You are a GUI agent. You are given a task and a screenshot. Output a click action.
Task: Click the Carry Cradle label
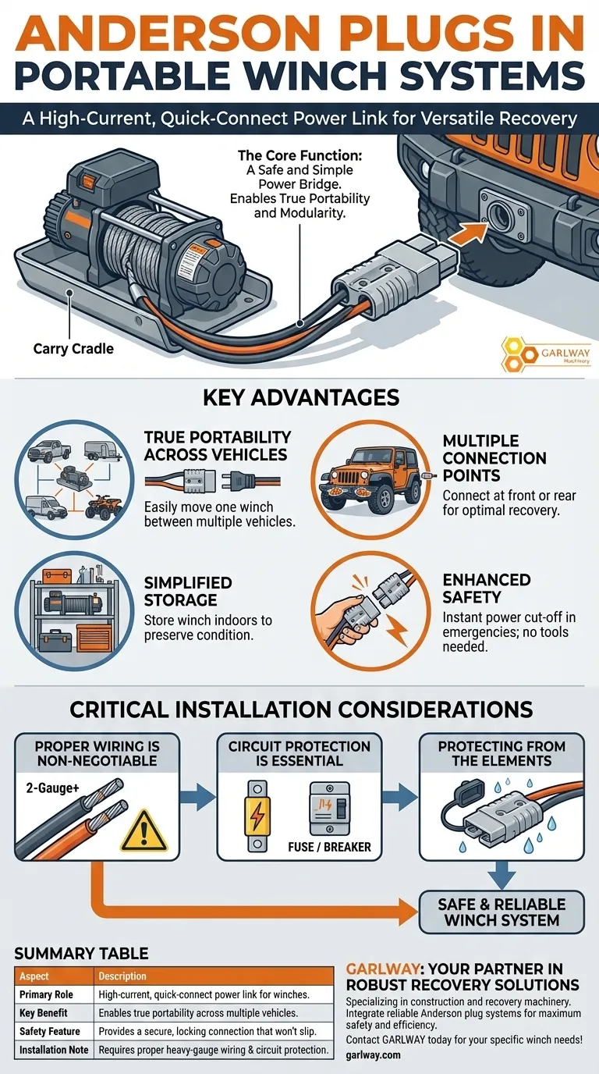(x=73, y=349)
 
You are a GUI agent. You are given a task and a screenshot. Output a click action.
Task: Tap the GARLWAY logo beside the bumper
(x=546, y=355)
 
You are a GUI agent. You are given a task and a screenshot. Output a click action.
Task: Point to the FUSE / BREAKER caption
(x=329, y=847)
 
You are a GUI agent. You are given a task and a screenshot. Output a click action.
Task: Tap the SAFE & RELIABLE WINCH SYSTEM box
(x=502, y=912)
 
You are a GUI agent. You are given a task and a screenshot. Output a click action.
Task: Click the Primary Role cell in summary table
(x=46, y=995)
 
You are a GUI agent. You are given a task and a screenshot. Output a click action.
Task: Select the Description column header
(x=122, y=976)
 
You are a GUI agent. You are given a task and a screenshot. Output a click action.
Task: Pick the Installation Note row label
(x=54, y=1050)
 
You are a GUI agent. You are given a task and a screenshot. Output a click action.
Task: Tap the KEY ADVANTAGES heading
(x=301, y=397)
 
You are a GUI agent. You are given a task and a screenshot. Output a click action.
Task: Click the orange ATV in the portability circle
(x=104, y=507)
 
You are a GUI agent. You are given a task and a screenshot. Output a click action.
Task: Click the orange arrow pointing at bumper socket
(x=466, y=233)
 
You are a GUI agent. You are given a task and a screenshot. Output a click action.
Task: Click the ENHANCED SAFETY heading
(x=487, y=589)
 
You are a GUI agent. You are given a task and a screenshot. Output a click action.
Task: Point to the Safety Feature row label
(x=49, y=1031)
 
